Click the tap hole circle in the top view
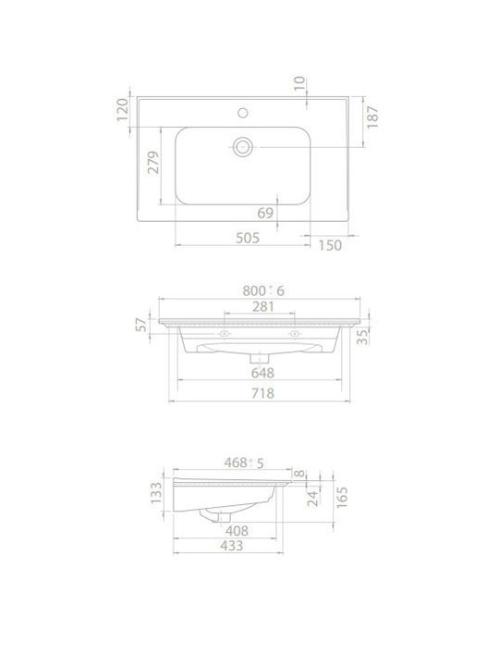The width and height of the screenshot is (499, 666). [243, 113]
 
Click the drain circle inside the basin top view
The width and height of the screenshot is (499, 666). [243, 147]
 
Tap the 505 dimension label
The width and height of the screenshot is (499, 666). [248, 238]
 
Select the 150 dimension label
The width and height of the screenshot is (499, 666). [330, 245]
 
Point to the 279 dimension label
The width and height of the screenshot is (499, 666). [153, 162]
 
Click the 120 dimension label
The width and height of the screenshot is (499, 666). [123, 109]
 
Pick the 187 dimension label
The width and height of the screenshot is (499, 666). [372, 117]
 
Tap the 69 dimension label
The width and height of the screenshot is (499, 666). [265, 213]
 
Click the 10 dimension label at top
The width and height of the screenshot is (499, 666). [299, 83]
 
